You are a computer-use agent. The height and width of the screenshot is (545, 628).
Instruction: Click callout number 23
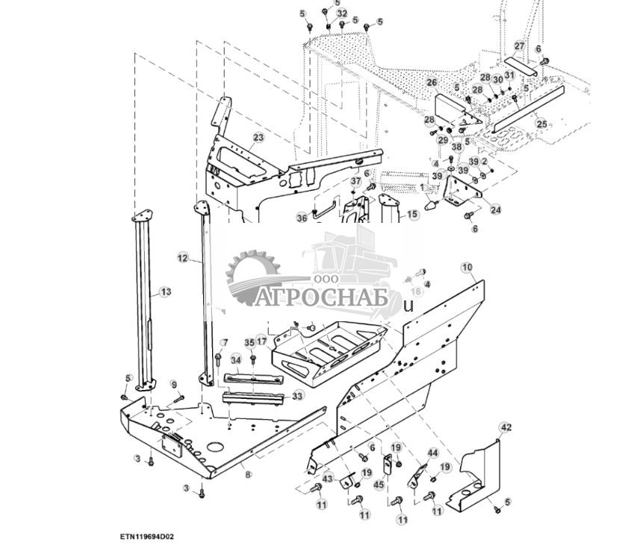[x=258, y=138]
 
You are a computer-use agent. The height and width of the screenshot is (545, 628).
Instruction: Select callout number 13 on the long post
[x=165, y=292]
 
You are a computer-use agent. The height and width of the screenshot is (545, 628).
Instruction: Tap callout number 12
[x=182, y=258]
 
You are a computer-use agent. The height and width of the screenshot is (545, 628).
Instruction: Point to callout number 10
[x=467, y=267]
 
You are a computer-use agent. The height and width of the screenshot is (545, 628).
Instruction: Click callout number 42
[x=506, y=427]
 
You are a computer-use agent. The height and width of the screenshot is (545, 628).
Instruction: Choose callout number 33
[x=297, y=396]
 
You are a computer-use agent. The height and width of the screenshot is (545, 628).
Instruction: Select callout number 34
[x=236, y=360]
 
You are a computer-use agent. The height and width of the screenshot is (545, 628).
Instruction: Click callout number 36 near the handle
[x=301, y=218]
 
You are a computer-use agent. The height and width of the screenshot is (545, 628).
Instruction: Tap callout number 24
[x=496, y=210]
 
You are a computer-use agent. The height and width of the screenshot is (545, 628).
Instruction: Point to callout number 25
[x=541, y=124]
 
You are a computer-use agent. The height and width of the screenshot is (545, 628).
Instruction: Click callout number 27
[x=519, y=46]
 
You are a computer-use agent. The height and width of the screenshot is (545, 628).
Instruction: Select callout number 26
[x=432, y=82]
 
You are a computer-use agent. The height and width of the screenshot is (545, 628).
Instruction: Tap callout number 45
[x=379, y=485]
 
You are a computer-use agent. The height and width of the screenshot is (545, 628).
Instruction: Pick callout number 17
[x=261, y=341]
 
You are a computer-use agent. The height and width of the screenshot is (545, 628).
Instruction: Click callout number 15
[x=412, y=215]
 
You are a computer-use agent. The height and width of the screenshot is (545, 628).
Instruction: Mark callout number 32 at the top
[x=342, y=13]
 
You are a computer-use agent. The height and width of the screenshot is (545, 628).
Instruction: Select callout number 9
[x=174, y=384]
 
